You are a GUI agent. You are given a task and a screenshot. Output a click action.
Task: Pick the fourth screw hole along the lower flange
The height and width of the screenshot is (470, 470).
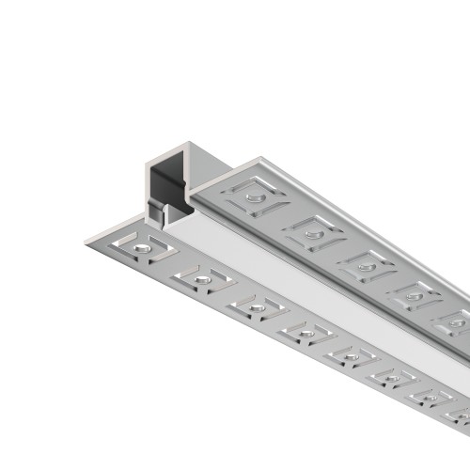tap(304, 330)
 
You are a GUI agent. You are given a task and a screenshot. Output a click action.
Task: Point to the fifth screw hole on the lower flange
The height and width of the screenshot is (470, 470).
tap(349, 354)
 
